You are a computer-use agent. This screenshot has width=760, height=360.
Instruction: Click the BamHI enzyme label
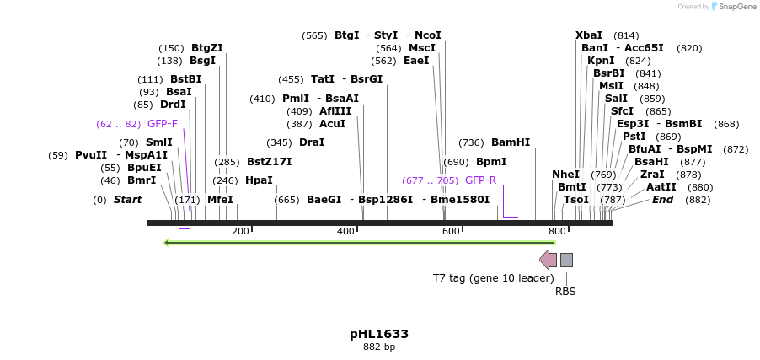pos(511,142)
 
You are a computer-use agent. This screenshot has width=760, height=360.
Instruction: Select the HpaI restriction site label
pos(259,180)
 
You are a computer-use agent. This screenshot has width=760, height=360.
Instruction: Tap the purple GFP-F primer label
pos(163,124)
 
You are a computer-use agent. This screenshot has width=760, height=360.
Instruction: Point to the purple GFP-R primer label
pos(480,180)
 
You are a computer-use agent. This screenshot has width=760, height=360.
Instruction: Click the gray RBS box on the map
pos(566,260)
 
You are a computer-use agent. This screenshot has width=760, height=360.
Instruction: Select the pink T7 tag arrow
pos(548,260)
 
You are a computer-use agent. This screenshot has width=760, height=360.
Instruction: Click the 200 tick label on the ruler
pos(240,231)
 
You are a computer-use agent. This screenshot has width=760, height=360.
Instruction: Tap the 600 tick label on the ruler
pos(451,231)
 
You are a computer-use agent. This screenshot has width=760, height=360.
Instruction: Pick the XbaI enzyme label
pos(589,35)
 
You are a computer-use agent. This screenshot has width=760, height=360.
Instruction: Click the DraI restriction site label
pos(312,142)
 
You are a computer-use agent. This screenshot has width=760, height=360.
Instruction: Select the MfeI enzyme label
pos(220,200)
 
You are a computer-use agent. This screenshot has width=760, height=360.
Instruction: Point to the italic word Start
pos(127,200)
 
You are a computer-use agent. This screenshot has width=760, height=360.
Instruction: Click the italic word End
pos(662,200)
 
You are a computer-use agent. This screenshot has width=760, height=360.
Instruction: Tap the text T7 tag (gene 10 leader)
pos(493,277)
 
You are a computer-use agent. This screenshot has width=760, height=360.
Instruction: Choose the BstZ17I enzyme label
pos(269,162)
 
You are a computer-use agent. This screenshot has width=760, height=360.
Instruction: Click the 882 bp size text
pos(378,347)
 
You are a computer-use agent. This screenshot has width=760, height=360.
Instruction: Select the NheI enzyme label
pos(565,175)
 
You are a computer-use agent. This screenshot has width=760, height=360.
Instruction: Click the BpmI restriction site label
pos(491,162)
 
